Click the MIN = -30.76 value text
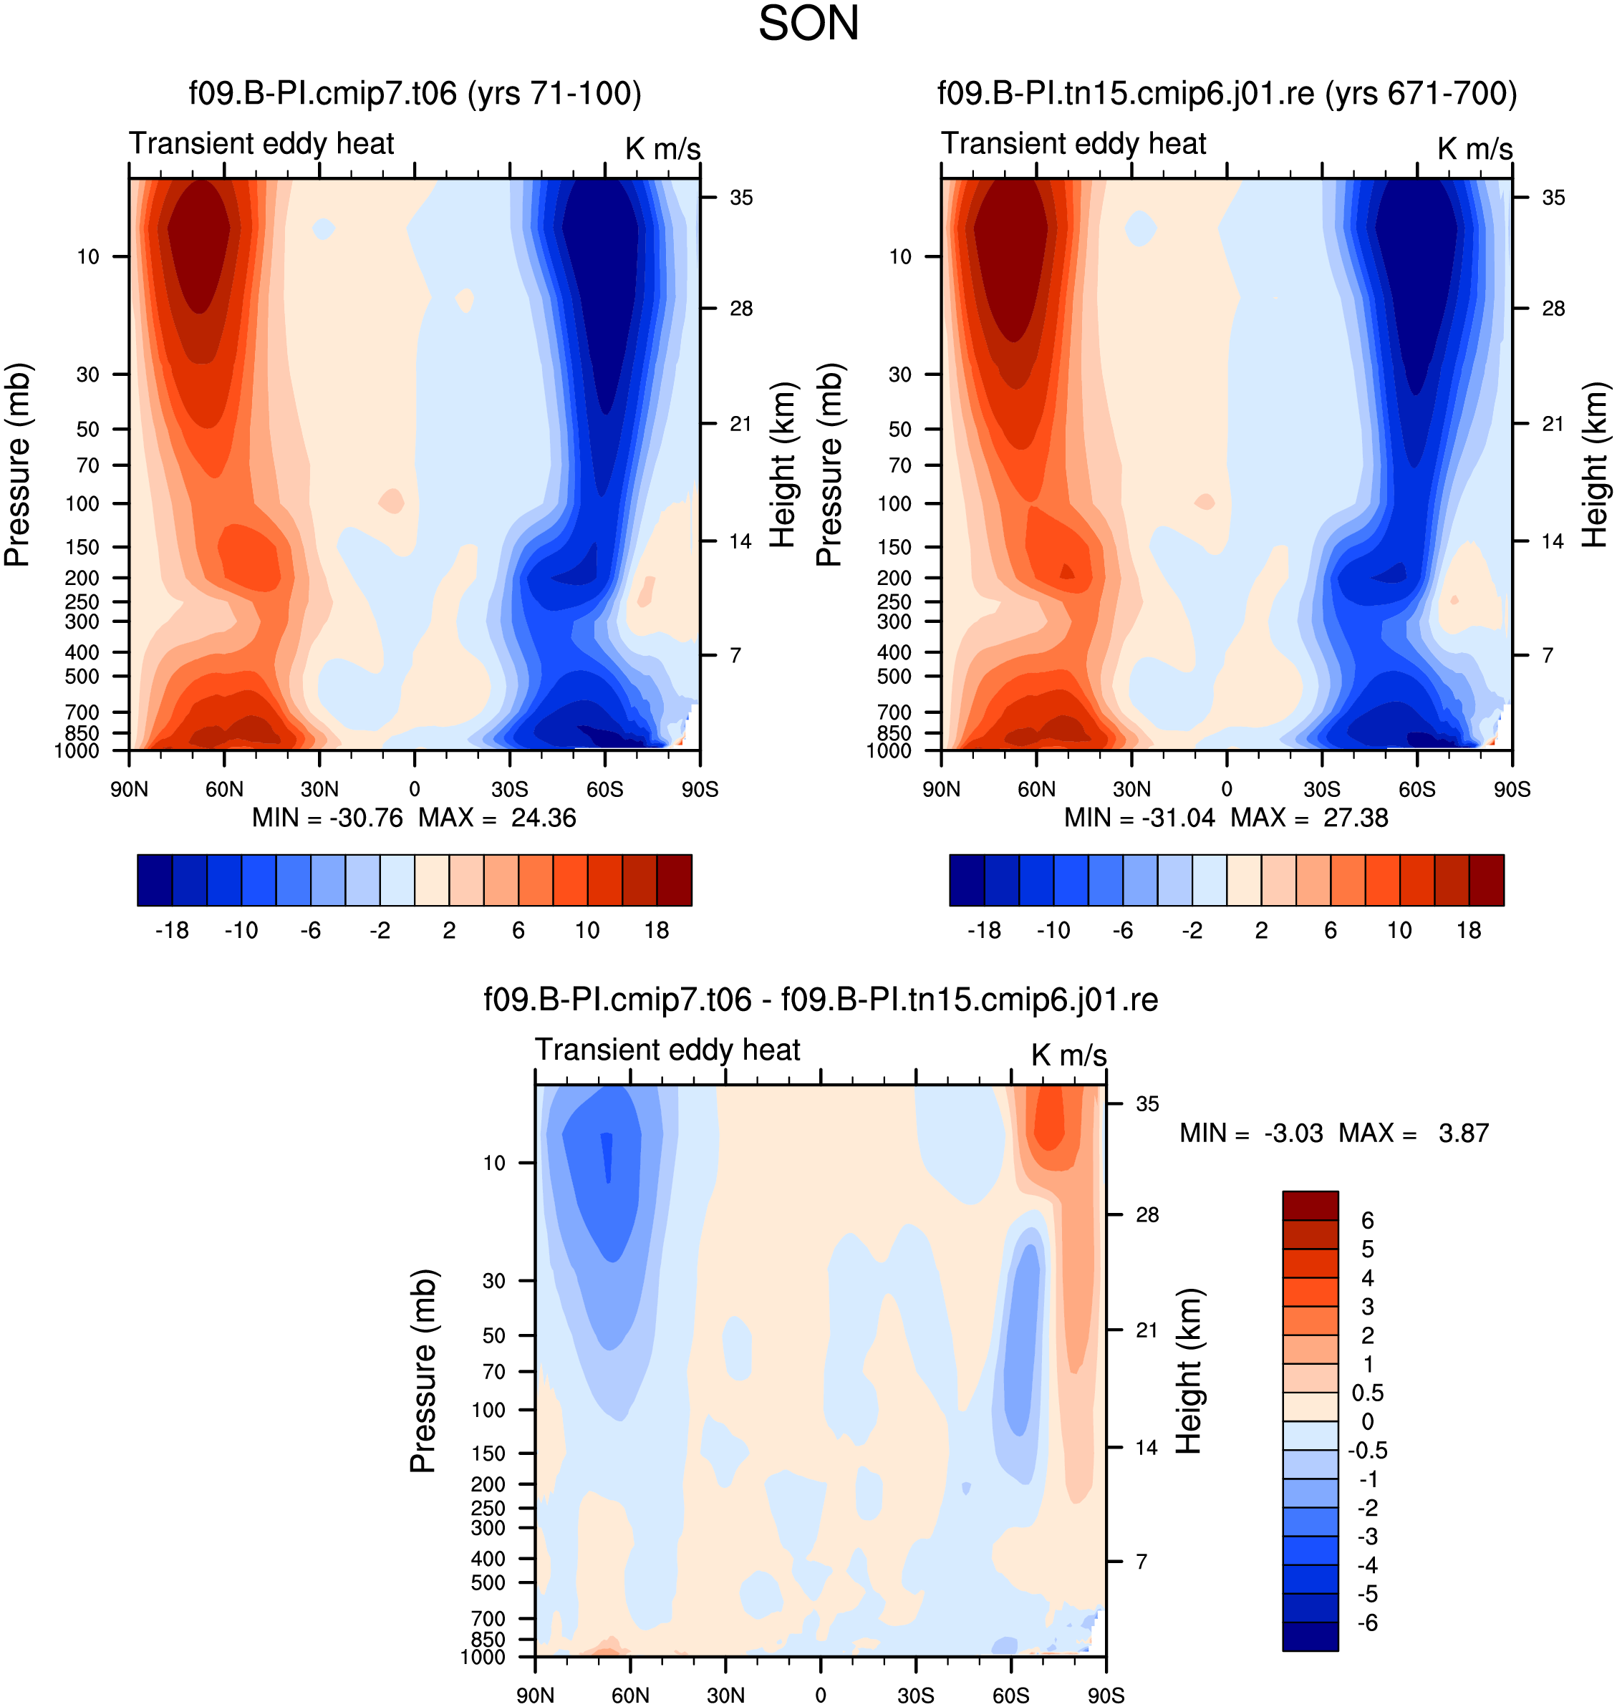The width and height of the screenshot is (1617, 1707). [x=327, y=818]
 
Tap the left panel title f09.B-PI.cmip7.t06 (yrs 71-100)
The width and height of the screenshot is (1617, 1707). [x=415, y=93]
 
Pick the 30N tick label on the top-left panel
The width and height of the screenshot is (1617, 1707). [x=320, y=789]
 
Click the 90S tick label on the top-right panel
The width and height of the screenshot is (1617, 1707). [x=1512, y=789]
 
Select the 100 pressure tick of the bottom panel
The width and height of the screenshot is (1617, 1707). [x=488, y=1410]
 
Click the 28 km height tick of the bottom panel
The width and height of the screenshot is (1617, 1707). [x=1147, y=1215]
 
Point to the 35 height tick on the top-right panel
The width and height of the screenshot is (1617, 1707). [x=1553, y=198]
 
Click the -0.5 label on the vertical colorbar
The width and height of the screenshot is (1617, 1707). [x=1367, y=1450]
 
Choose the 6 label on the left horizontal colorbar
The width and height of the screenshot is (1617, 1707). [x=518, y=931]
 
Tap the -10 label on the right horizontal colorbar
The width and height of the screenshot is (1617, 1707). [x=1053, y=931]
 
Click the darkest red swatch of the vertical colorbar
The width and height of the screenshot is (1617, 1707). [x=1311, y=1206]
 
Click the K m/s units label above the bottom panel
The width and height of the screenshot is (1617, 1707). [x=1068, y=1055]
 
